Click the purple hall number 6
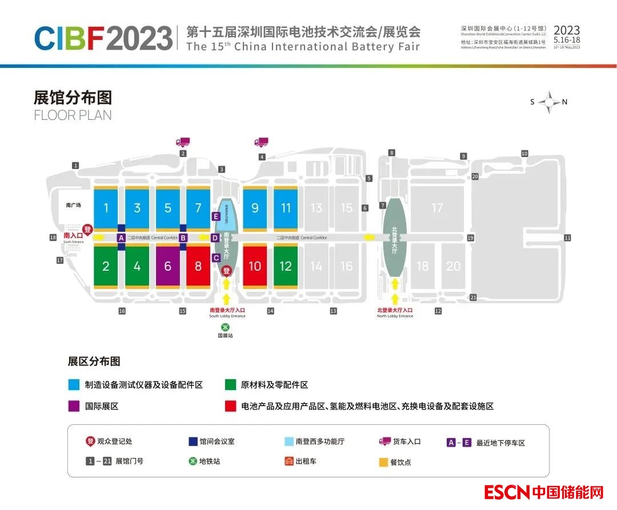coord(167,266)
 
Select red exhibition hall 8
coord(198,266)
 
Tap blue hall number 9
coord(255,208)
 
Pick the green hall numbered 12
coord(286,266)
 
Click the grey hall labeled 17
coord(437,208)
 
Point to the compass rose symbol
coord(549,102)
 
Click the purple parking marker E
coord(215,216)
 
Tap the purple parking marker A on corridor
coord(121,238)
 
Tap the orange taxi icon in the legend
coord(289,461)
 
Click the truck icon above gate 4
coord(261,142)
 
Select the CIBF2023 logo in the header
coord(103,38)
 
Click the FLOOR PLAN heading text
coord(73,115)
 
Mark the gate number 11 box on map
coord(567,238)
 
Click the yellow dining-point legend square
coord(383,462)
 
